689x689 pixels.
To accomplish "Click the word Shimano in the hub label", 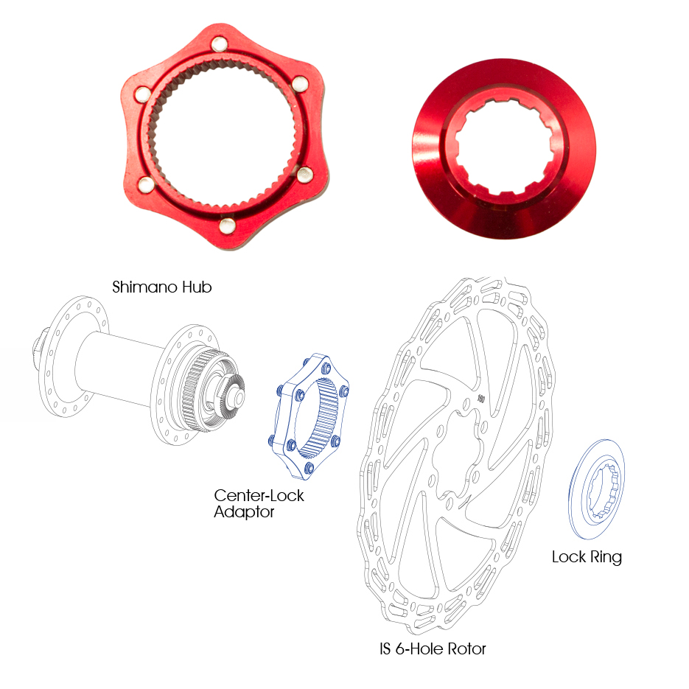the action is (145, 287).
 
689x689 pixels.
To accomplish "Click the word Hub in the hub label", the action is (197, 287).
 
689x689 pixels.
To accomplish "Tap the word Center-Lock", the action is (259, 496).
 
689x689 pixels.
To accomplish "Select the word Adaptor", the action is (244, 512).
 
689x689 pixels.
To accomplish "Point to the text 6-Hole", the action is (419, 649).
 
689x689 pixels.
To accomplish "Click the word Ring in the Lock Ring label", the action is (606, 557).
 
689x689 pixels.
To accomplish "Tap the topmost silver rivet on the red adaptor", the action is (220, 44).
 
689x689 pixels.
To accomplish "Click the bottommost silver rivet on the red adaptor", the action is (227, 225).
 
